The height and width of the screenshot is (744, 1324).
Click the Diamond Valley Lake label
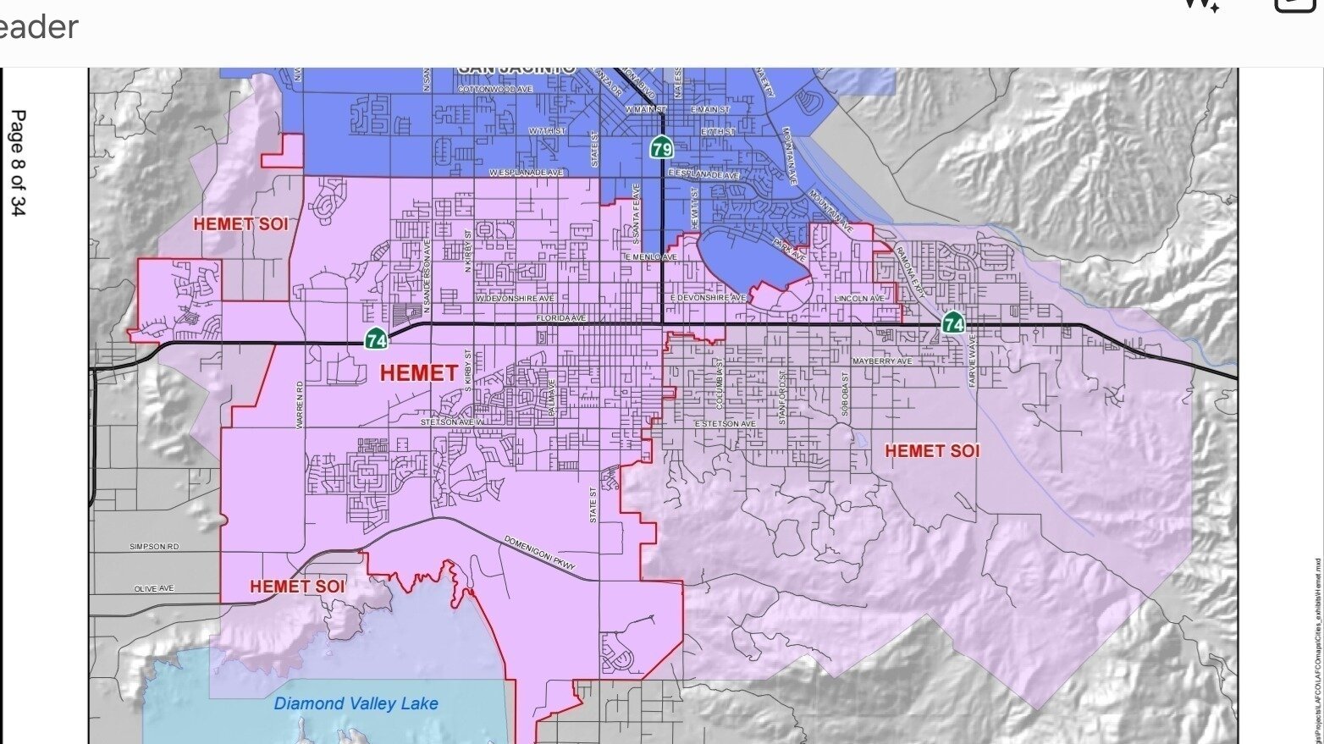356,703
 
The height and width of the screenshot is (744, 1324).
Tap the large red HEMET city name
418,372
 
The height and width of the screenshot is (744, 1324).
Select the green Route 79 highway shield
662,149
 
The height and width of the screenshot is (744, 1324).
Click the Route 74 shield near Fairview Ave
953,322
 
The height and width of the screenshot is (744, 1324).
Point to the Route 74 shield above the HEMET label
376,339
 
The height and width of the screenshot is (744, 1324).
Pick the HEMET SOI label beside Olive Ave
297,586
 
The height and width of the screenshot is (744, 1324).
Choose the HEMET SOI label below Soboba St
932,451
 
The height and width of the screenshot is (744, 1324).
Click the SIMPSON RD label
154,547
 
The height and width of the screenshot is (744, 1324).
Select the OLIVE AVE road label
154,588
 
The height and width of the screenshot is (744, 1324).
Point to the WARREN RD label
300,405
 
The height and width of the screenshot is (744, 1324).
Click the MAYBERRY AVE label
882,361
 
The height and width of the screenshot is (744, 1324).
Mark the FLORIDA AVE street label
560,318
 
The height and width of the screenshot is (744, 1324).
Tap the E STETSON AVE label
725,423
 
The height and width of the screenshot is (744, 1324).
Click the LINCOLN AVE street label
859,299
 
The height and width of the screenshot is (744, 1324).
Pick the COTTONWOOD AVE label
495,89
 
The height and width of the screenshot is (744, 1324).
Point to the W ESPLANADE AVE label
526,173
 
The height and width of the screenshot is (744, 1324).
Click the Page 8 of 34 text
17,163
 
